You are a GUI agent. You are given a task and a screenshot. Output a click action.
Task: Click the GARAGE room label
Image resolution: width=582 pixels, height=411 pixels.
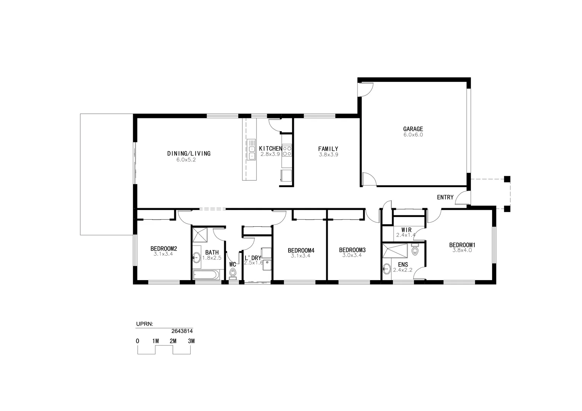click(413, 129)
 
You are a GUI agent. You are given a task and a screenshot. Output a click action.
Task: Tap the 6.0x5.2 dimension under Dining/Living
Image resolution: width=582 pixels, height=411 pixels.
click(186, 160)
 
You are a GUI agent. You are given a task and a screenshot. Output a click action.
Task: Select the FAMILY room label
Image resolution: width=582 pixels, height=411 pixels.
click(328, 149)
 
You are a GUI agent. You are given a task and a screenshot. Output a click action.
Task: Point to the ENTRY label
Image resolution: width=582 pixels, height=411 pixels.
click(445, 197)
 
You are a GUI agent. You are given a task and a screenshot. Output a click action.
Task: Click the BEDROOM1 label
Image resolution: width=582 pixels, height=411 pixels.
click(462, 245)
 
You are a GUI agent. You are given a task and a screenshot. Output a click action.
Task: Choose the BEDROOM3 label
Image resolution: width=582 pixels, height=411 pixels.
click(352, 250)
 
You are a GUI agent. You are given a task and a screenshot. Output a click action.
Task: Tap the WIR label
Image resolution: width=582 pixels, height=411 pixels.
click(406, 230)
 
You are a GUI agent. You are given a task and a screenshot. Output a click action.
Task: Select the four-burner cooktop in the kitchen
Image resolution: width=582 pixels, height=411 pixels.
click(287, 151)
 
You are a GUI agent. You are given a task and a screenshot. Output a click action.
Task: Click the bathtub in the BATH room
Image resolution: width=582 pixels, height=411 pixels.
click(206, 275)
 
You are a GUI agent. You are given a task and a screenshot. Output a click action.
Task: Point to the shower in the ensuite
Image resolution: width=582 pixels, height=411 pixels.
click(395, 252)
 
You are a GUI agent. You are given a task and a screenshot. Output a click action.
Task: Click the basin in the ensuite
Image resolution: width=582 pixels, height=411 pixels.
click(386, 269)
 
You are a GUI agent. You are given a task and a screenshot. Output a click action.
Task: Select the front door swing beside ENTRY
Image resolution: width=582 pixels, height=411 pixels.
click(462, 198)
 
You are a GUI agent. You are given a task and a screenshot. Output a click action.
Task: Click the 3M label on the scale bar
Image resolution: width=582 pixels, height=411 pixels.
click(191, 341)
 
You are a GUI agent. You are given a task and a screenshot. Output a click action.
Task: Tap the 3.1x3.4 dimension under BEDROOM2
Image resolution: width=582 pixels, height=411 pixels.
click(163, 254)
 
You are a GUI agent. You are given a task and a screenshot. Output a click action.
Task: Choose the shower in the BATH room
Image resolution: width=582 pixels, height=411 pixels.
click(200, 235)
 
